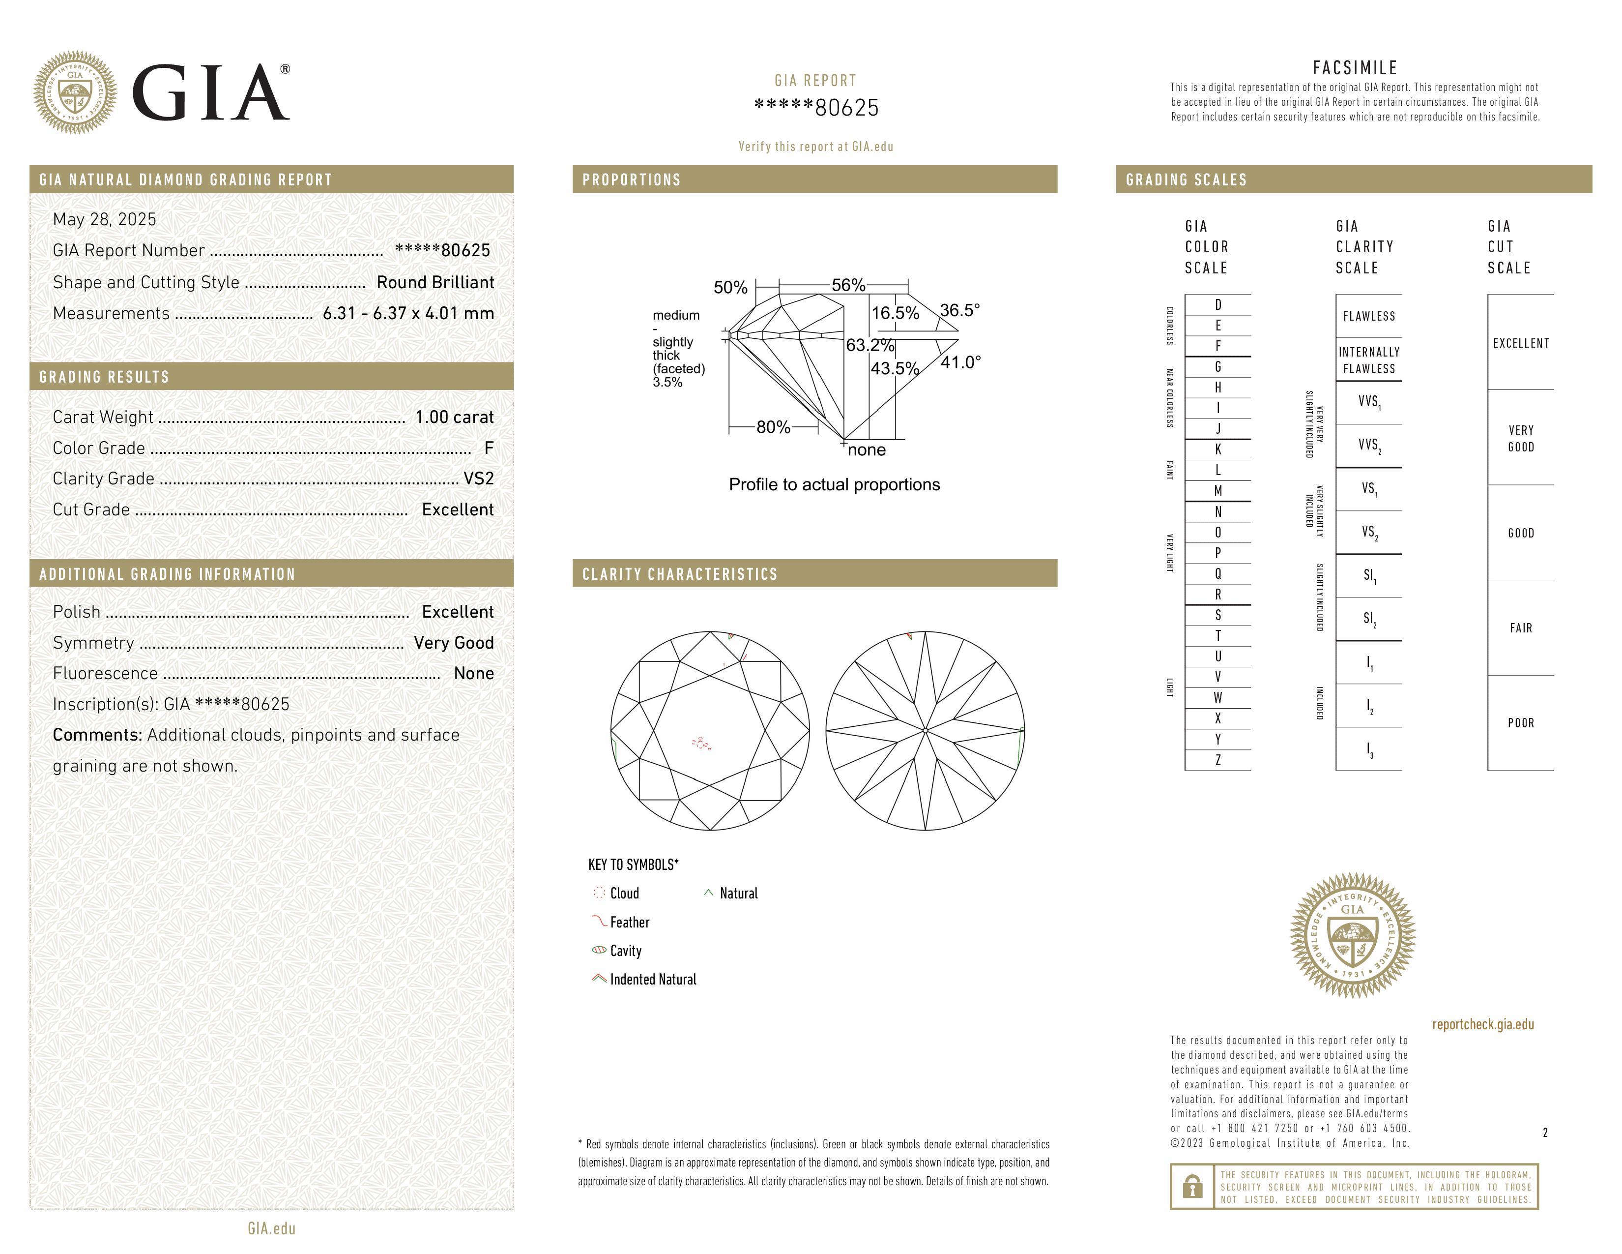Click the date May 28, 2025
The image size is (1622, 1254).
105,219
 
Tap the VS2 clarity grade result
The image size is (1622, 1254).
478,478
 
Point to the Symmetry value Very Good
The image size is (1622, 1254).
454,643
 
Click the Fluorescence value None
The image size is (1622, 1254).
474,673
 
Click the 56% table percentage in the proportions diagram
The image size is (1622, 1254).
848,285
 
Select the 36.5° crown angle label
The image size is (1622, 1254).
959,310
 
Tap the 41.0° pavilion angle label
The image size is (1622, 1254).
960,362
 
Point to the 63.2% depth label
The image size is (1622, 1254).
869,345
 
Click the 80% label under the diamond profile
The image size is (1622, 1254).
773,427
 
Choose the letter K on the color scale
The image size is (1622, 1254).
1218,449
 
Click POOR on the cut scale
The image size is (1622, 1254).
1520,723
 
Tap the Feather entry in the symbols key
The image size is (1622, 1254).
629,922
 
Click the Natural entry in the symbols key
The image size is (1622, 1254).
738,894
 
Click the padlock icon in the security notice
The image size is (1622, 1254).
1192,1187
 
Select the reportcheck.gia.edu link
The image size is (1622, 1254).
1482,1024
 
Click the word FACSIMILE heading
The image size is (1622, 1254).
1355,67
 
